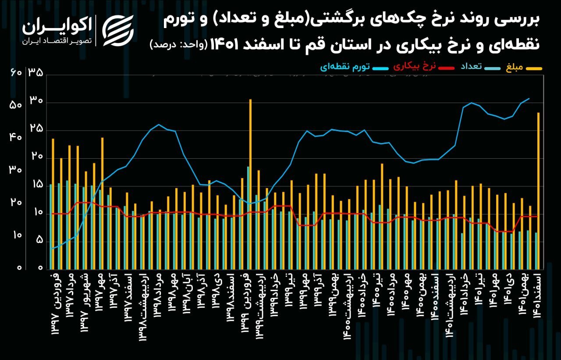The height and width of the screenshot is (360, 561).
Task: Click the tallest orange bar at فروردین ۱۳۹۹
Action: click(250, 184)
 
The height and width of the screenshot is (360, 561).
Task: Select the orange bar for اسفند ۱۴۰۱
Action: click(538, 191)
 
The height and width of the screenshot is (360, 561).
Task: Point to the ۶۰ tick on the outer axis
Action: click(15, 72)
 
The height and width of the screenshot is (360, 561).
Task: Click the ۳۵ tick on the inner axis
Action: click(36, 72)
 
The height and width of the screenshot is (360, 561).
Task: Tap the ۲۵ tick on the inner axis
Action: click(36, 129)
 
